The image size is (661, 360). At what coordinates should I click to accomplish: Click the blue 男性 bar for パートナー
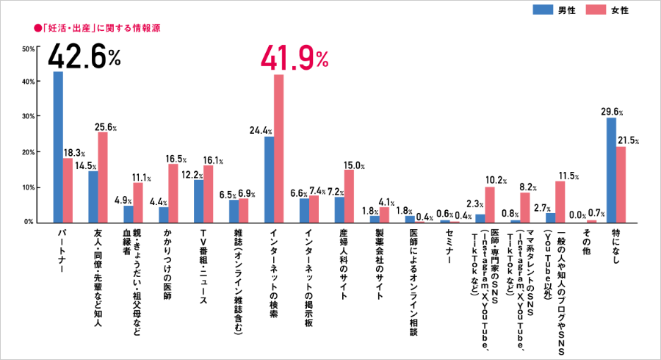[x=58, y=147]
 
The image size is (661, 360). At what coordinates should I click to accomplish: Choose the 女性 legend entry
[x=614, y=10]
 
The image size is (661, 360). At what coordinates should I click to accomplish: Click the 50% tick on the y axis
[x=29, y=49]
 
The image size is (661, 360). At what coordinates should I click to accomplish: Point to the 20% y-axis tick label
[x=29, y=153]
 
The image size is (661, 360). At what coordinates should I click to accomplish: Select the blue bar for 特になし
[x=611, y=170]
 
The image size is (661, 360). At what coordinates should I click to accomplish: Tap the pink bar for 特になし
[x=621, y=184]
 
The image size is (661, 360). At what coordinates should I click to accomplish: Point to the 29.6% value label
[x=611, y=112]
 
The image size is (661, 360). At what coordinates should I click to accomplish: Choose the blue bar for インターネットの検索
[x=269, y=179]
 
